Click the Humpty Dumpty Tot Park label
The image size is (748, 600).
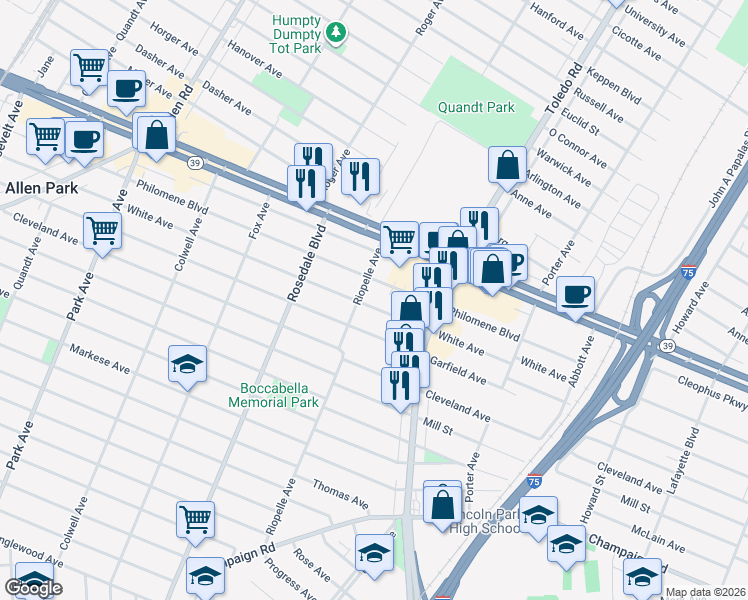coord(299,33)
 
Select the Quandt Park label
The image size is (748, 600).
coord(473,107)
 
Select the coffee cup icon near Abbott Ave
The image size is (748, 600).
coord(575,294)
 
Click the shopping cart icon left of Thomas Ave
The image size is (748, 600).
coord(196,518)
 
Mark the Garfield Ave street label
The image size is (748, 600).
coord(457,372)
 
